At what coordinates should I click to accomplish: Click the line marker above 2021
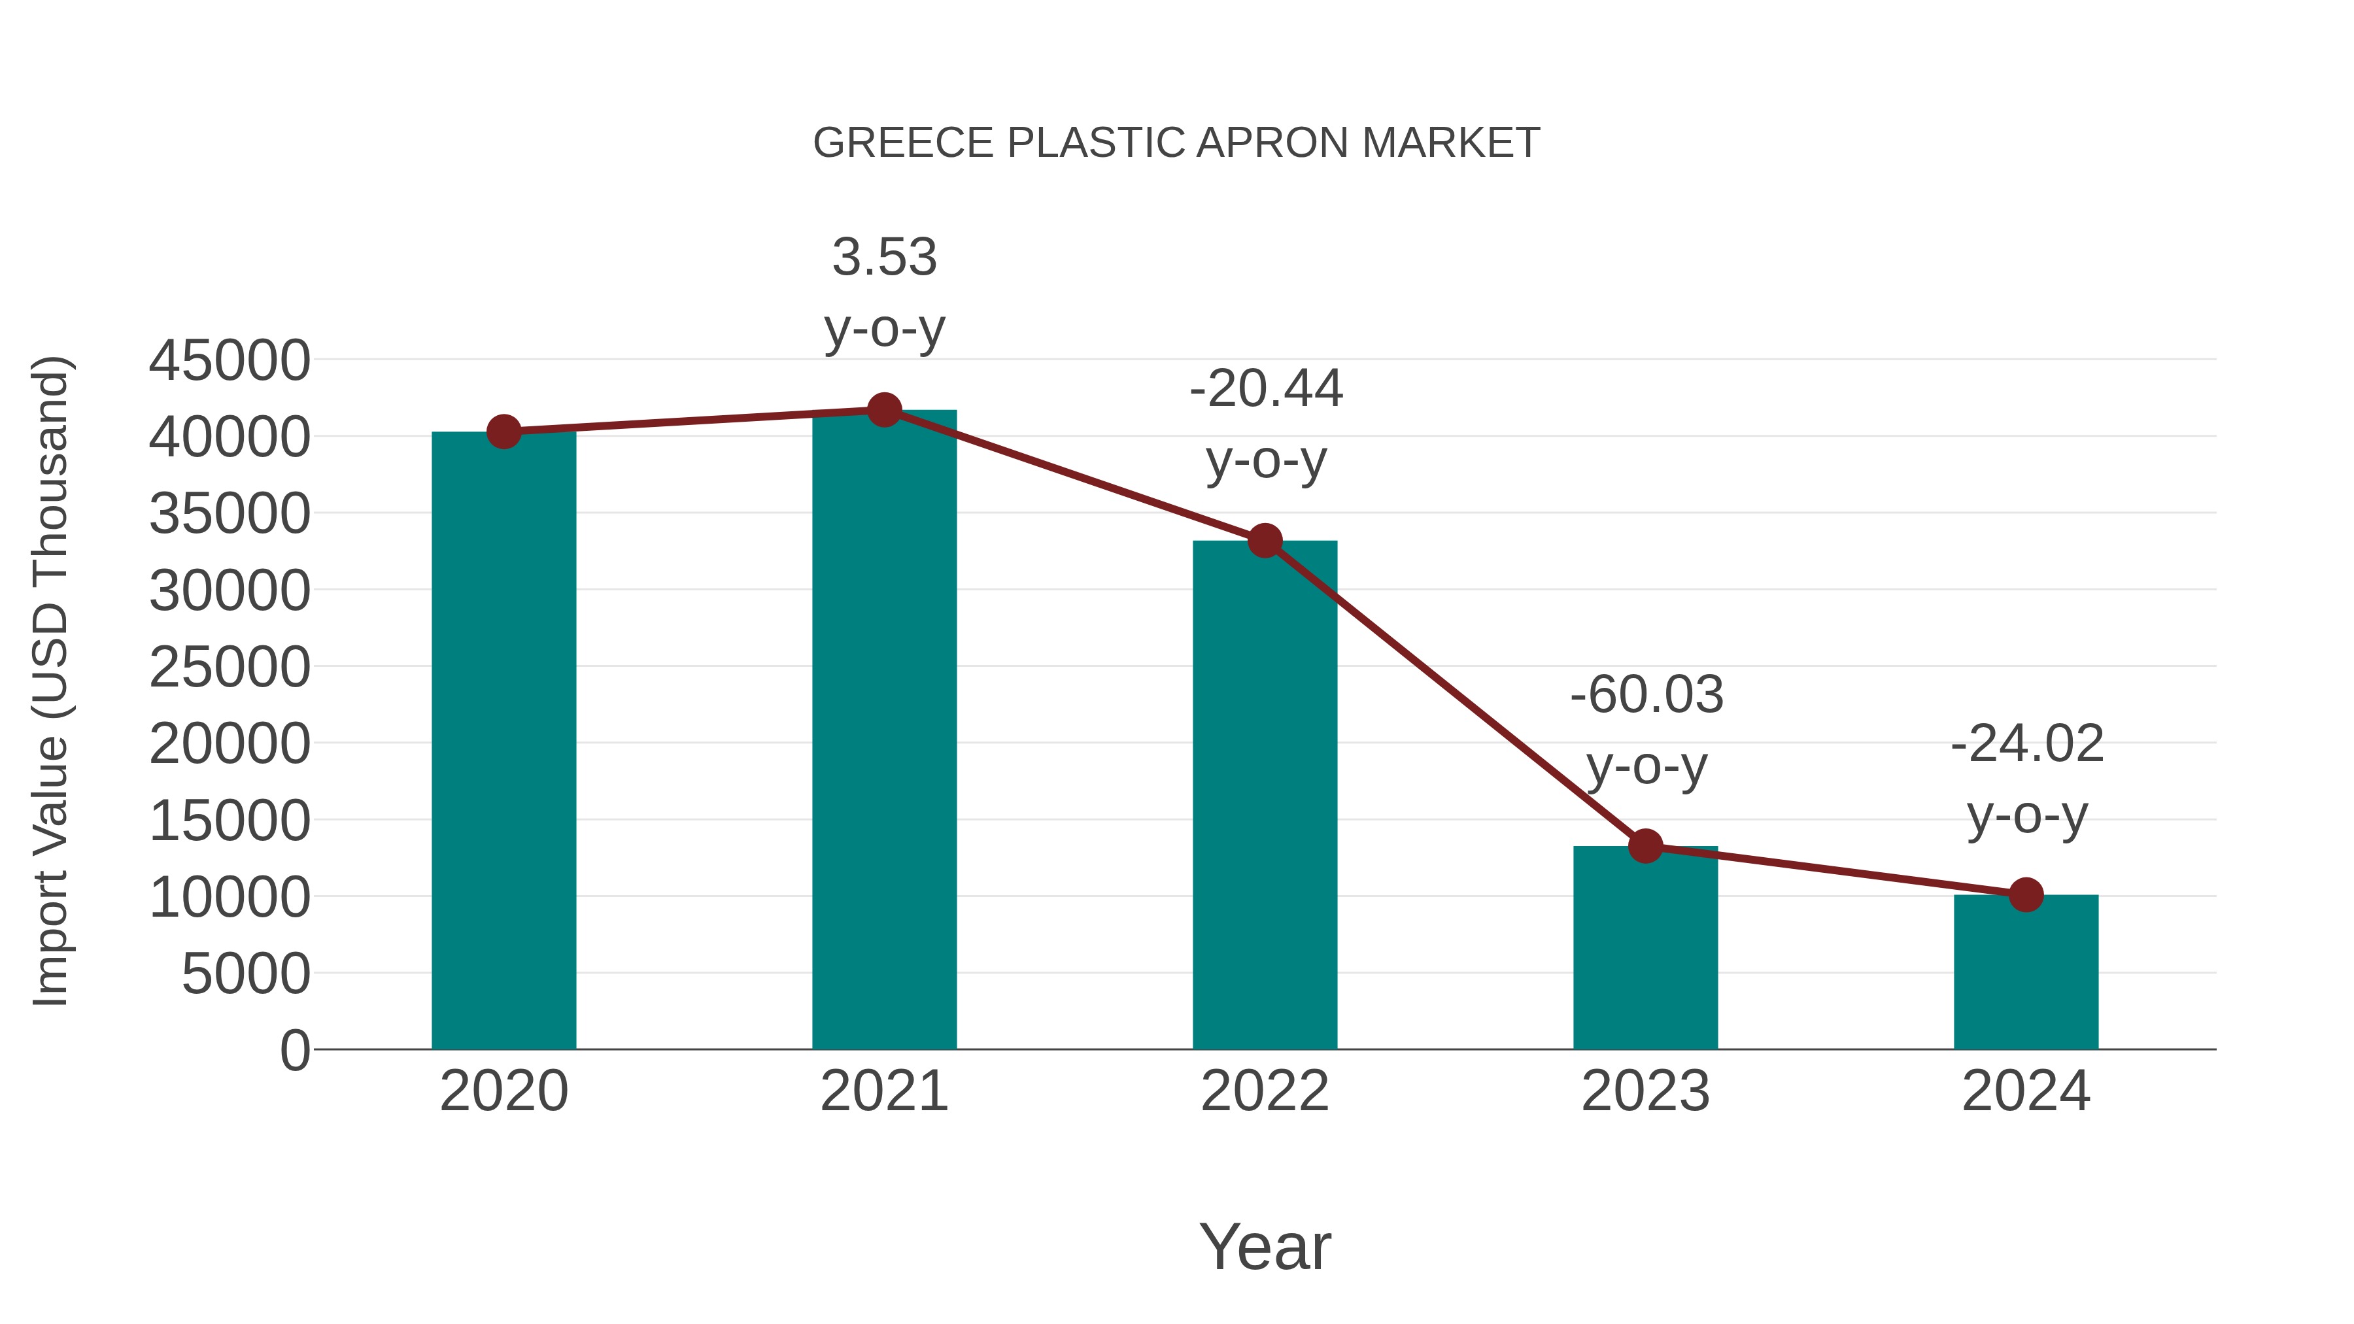(x=883, y=410)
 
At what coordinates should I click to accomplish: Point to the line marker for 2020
(x=503, y=432)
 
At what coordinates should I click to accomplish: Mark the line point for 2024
(x=2026, y=896)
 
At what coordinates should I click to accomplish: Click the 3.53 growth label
(x=883, y=257)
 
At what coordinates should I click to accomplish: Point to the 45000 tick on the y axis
(x=230, y=360)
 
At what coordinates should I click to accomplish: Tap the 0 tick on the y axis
(x=295, y=1050)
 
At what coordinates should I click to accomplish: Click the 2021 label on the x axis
(x=883, y=1091)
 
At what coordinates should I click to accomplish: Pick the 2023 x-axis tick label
(x=1645, y=1091)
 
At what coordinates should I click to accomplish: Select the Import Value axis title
(x=50, y=681)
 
